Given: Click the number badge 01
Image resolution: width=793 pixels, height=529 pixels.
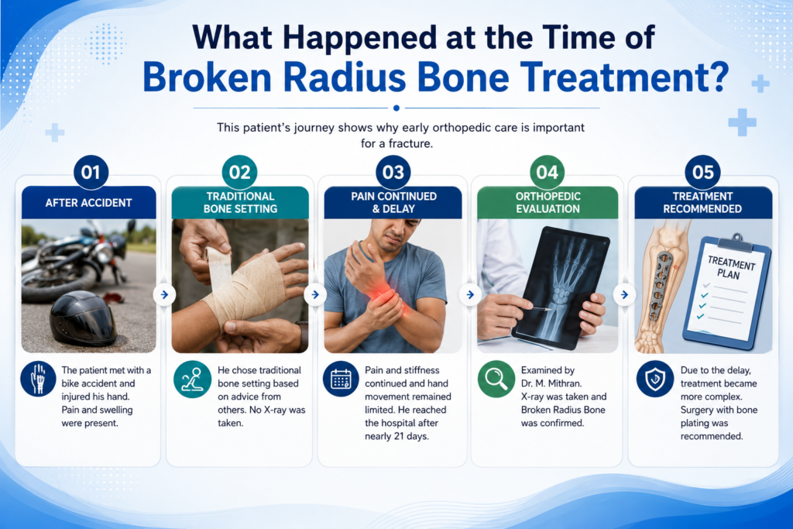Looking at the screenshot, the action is pos(91,173).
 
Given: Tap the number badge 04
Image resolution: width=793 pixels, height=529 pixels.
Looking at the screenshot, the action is pos(548,173).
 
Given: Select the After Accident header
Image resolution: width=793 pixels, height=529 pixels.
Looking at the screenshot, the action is pos(88,202).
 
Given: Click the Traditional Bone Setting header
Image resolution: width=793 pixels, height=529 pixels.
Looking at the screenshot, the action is pos(240,202).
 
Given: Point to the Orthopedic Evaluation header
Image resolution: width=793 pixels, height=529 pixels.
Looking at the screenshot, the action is pos(548,202).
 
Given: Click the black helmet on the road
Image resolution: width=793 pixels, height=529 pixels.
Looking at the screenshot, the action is pos(83,318).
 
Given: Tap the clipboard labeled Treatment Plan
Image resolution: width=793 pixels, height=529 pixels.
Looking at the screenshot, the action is pos(726,294).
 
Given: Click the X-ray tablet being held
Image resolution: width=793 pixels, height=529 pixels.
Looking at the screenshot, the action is pos(560,287).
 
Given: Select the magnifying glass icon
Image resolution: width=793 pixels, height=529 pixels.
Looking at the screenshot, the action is pos(496,379).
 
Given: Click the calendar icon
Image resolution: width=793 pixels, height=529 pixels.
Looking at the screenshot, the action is pos(341,379).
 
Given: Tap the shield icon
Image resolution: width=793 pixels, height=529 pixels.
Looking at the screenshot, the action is pos(655,379).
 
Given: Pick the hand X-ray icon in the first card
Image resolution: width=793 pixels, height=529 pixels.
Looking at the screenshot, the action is pos(39,379).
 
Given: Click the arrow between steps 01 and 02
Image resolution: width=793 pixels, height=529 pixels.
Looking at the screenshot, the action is pos(164,294).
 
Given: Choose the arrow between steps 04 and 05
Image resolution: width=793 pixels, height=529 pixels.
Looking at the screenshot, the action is pos(625,294).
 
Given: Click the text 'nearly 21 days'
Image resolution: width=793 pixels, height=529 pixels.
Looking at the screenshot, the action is pos(397,436).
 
